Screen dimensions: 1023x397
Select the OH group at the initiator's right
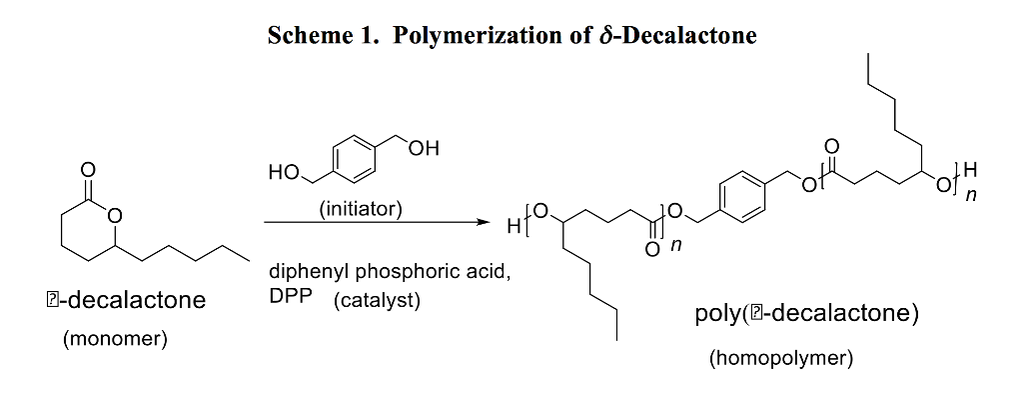[423, 149]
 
